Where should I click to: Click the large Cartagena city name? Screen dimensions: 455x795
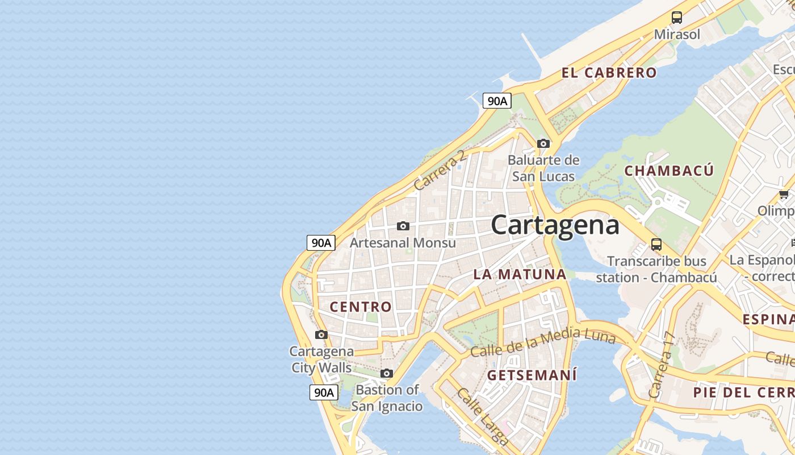555,225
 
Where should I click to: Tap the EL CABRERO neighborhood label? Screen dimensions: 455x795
609,73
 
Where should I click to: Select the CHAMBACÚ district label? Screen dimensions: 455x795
669,171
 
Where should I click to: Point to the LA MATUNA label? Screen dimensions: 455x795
520,274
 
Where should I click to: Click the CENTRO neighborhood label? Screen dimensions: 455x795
361,307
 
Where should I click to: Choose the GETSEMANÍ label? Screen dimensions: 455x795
532,375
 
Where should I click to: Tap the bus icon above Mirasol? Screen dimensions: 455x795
677,18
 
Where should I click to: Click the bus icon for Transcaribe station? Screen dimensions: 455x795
656,245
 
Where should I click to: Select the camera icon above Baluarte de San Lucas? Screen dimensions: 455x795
543,143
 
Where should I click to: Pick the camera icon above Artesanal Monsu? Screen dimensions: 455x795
403,226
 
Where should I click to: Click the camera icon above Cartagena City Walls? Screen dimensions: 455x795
321,334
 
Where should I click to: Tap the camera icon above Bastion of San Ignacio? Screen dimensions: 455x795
387,374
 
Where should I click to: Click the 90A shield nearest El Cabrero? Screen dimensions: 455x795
497,101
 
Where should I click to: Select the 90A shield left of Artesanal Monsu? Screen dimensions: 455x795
321,243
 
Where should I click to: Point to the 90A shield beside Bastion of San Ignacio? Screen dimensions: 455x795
324,392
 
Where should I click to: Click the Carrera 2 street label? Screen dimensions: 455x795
440,170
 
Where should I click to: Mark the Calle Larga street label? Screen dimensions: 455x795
482,416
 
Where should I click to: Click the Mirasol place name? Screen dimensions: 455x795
677,34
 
